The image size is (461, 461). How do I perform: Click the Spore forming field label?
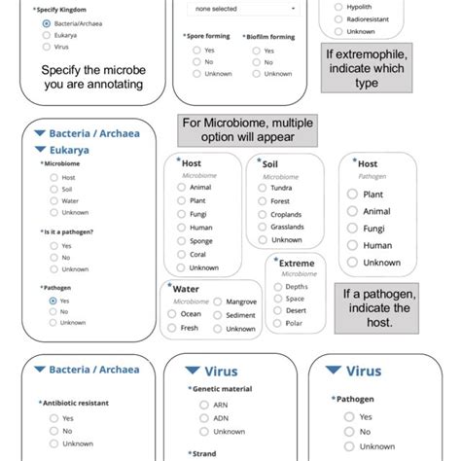point(204,35)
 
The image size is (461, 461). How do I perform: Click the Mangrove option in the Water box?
point(219,302)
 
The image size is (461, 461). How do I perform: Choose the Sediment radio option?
point(219,315)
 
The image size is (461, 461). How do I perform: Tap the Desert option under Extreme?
point(279,311)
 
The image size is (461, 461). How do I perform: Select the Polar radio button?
point(279,324)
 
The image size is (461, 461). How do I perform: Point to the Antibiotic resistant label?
point(76,403)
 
